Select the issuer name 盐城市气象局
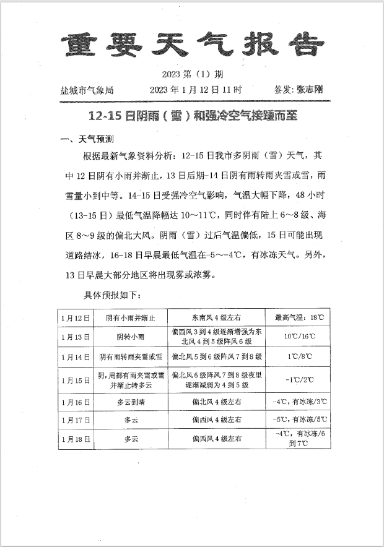[x=87, y=90]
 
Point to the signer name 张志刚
[x=310, y=90]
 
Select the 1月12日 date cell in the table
[x=76, y=317]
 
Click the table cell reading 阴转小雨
[x=131, y=337]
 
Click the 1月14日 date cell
[x=76, y=357]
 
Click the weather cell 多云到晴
[x=131, y=402]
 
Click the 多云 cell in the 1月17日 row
[x=131, y=420]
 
